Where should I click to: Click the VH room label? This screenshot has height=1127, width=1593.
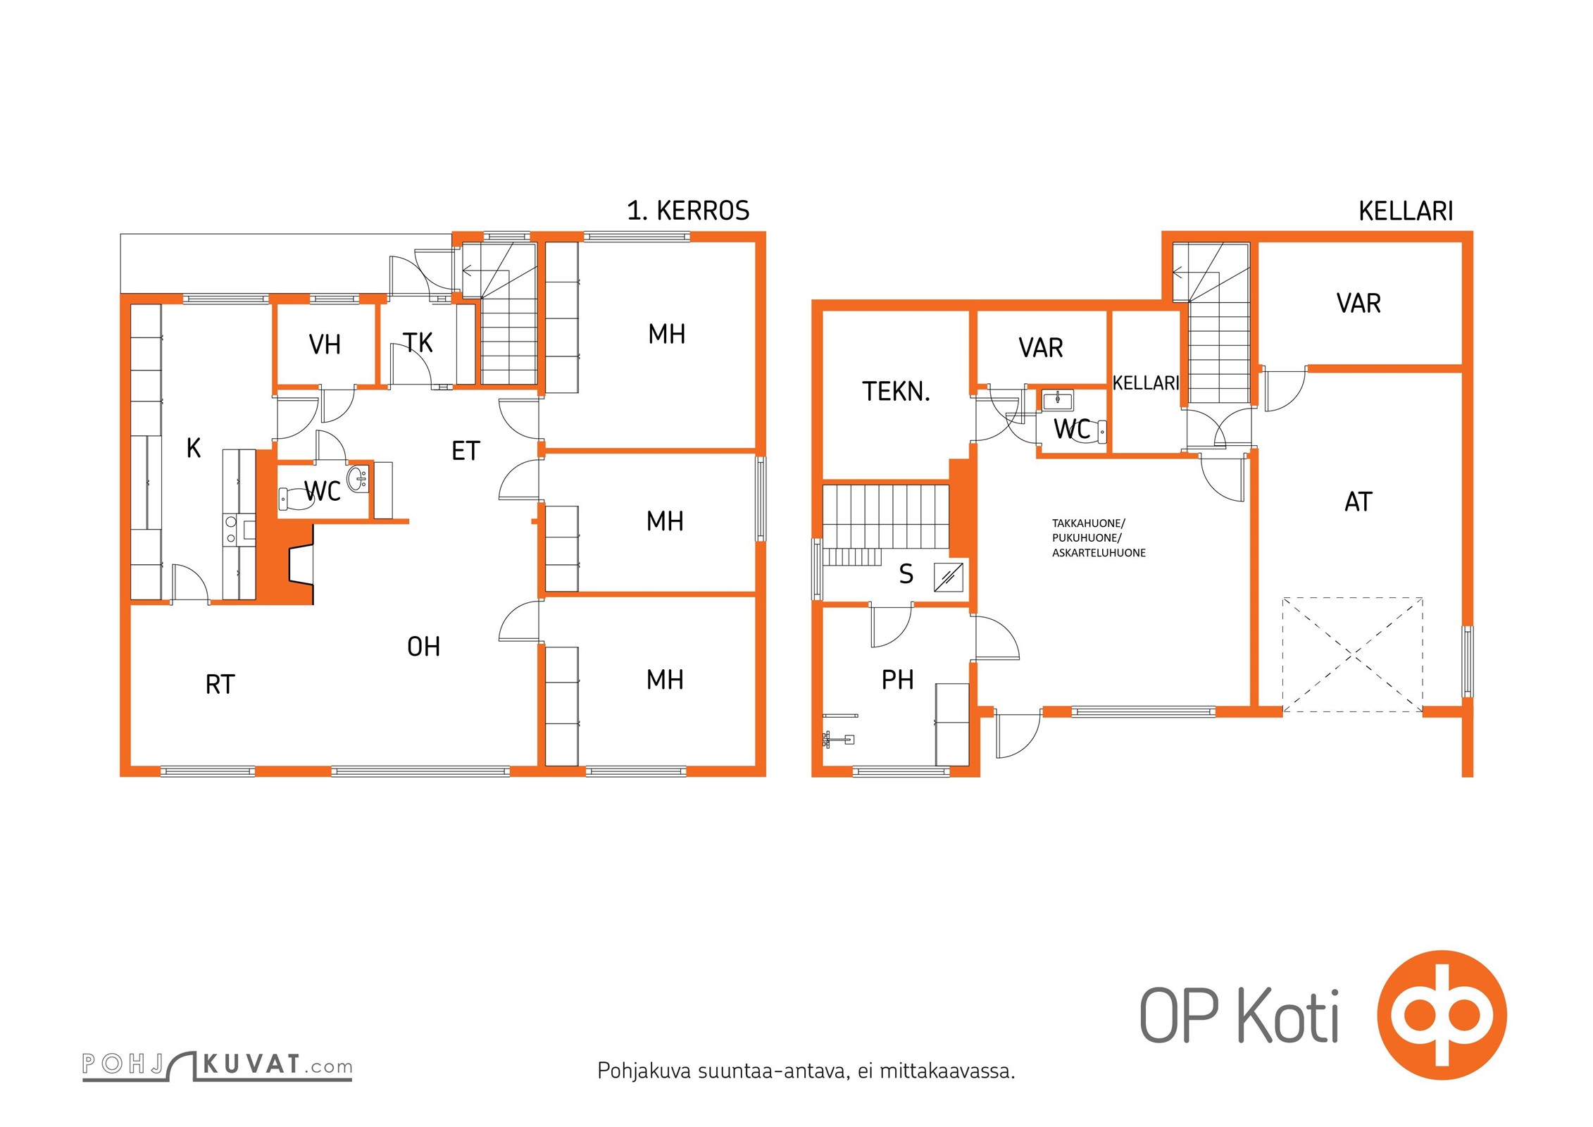325,344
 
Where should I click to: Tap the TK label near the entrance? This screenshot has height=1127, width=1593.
418,342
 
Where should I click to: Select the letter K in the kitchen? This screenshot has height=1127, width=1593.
194,447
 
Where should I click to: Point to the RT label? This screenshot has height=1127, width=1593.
220,684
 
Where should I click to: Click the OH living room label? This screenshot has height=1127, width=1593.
424,647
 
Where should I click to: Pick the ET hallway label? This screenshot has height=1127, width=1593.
466,451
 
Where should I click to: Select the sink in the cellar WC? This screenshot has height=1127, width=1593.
1058,400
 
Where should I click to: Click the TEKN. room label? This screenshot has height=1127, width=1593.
897,392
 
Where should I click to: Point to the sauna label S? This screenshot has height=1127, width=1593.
906,575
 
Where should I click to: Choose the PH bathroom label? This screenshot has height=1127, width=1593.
898,680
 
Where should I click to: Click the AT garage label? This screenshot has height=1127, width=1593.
1358,502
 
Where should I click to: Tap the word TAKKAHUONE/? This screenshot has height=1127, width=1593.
1089,523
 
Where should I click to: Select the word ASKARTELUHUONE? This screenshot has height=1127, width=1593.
1099,553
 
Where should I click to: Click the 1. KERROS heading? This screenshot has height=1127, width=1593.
688,210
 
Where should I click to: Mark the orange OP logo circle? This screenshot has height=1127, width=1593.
1442,1015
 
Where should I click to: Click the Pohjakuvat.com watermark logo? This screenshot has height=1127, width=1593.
217,1065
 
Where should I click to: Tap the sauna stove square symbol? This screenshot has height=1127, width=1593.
949,577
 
